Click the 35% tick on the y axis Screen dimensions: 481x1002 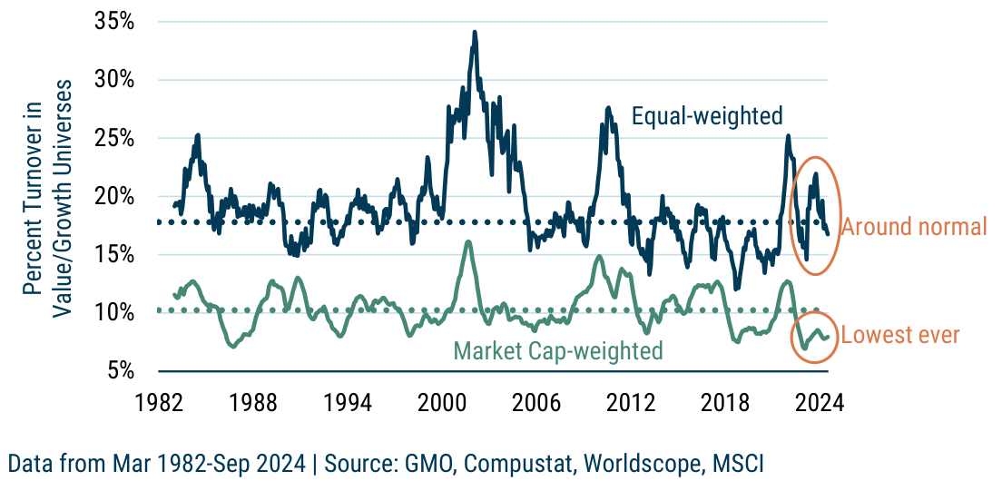[115, 21]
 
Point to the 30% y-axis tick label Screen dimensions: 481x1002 [115, 79]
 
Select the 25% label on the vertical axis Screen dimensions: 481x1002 [115, 138]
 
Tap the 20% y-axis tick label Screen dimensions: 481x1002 [115, 196]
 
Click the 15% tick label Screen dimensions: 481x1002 [115, 254]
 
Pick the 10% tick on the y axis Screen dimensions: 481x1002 [115, 312]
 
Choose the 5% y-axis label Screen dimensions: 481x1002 [122, 370]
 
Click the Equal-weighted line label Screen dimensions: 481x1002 [707, 116]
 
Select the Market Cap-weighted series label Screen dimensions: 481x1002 [558, 350]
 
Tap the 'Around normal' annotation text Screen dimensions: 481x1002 [914, 227]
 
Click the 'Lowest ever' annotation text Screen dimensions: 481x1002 [900, 335]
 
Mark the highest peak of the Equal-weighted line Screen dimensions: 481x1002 [474, 32]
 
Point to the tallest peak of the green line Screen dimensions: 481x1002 [468, 241]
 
